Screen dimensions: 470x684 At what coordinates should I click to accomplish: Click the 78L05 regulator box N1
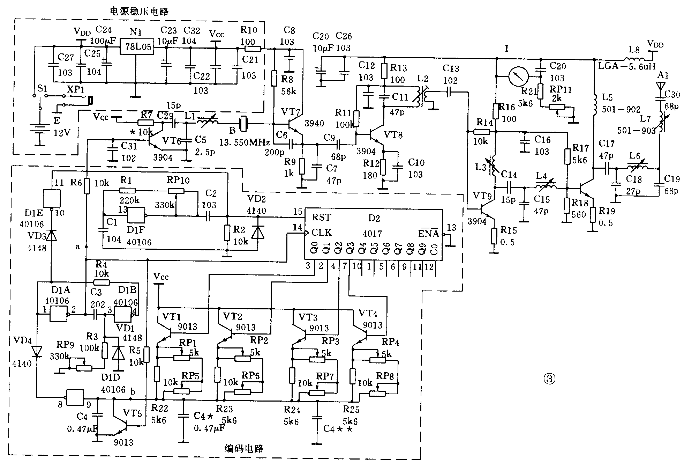tap(136, 46)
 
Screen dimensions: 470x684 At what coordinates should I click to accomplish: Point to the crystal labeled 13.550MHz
tap(243, 124)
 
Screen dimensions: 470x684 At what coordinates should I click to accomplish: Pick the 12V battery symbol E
tap(40, 134)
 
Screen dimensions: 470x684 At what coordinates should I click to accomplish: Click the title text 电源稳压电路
tap(139, 12)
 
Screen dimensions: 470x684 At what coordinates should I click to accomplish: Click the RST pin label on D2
tap(321, 217)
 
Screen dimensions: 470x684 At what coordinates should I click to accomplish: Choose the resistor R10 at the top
tap(250, 49)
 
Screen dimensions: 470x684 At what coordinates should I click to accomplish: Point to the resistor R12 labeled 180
tap(383, 167)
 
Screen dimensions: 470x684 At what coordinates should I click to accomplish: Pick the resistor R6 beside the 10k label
tap(87, 185)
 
